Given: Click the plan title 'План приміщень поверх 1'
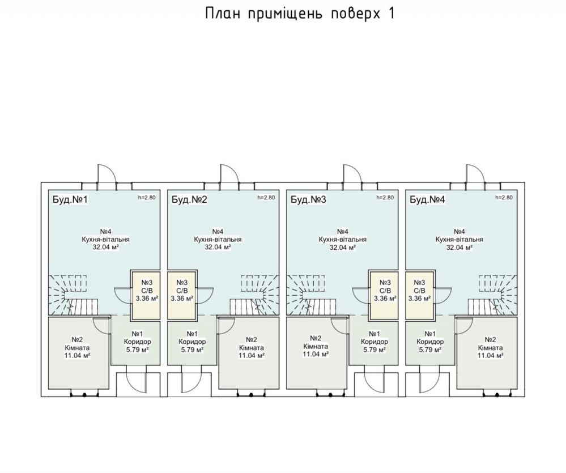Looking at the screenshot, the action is (x=300, y=14).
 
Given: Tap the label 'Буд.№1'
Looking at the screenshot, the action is (x=70, y=199).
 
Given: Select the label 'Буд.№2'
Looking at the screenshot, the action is (x=189, y=199).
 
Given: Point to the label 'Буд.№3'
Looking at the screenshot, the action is (x=308, y=199).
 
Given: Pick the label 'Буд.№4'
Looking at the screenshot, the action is (x=427, y=199).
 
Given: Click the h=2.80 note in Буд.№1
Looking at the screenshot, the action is (x=147, y=197).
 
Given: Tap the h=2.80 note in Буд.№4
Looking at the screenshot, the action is (x=504, y=197).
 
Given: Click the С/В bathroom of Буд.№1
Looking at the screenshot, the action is (x=146, y=295).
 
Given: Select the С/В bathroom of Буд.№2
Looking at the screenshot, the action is (x=182, y=295).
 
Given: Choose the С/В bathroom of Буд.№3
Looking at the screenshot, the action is (x=384, y=295).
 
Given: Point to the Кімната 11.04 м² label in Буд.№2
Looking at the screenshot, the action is (x=252, y=347).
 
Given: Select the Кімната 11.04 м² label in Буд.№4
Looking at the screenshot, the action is (x=490, y=347).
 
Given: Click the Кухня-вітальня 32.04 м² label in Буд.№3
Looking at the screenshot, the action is (x=343, y=240).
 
